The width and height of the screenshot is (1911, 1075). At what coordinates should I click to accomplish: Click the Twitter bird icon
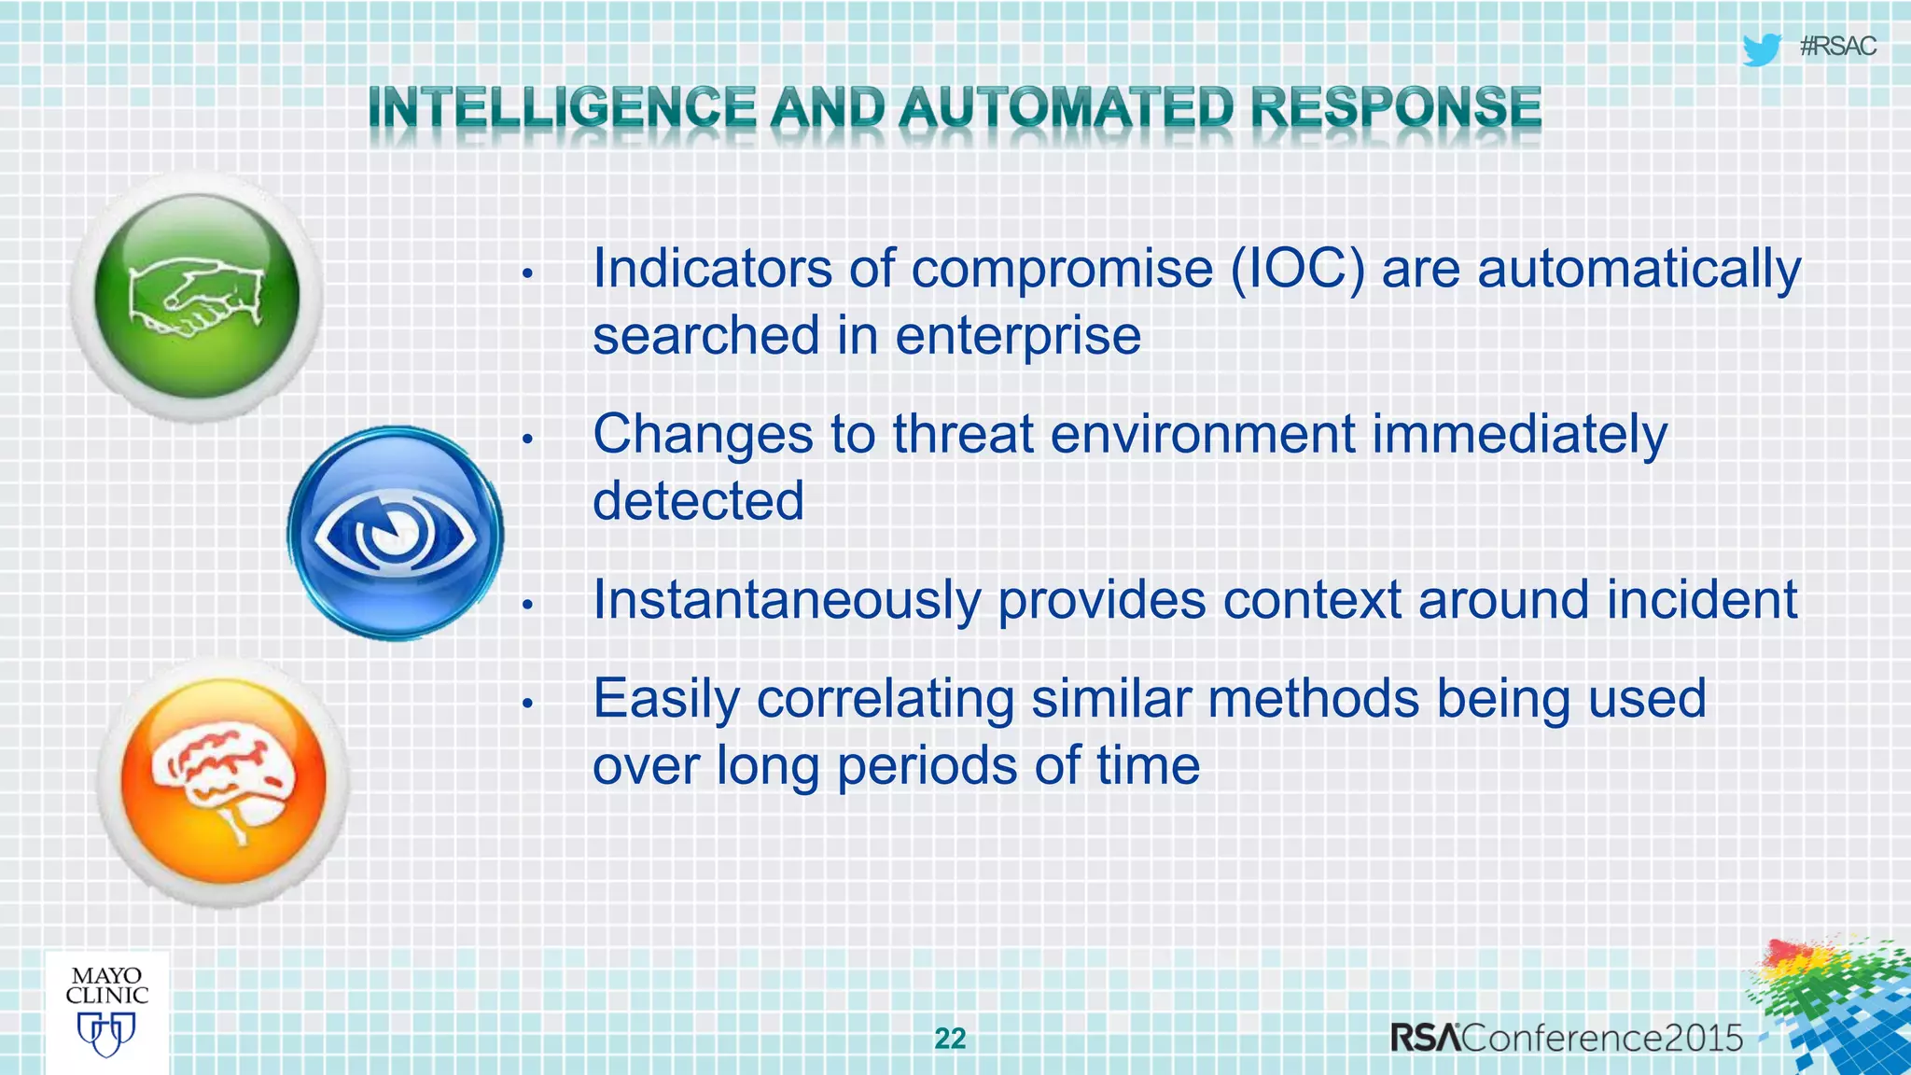1761,49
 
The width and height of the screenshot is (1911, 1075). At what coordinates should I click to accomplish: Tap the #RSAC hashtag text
1837,47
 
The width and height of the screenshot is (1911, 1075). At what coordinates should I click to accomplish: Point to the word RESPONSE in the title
1395,107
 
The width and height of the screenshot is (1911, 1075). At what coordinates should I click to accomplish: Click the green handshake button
197,297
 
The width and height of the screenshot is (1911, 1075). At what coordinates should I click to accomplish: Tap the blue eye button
396,534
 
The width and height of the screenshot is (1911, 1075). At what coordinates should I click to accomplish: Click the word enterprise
1018,336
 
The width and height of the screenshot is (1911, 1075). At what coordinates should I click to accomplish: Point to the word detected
698,501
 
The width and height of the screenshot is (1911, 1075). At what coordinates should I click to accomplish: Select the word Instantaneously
787,600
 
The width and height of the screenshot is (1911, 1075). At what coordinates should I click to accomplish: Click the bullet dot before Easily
526,703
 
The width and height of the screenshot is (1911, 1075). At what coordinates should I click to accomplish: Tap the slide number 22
950,1039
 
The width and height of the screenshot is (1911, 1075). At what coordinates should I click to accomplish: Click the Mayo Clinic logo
107,1012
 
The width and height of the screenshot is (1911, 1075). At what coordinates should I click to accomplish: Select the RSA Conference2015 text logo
1567,1038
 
